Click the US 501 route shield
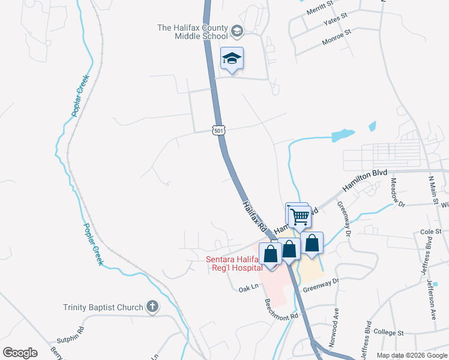point(218,130)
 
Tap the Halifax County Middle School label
point(193,32)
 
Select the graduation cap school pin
point(232,58)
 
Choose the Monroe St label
point(336,36)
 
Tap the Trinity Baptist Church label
point(103,308)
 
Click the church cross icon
point(152,307)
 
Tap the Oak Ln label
point(248,289)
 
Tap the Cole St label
point(430,231)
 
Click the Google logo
point(20,353)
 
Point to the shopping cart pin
point(300,217)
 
